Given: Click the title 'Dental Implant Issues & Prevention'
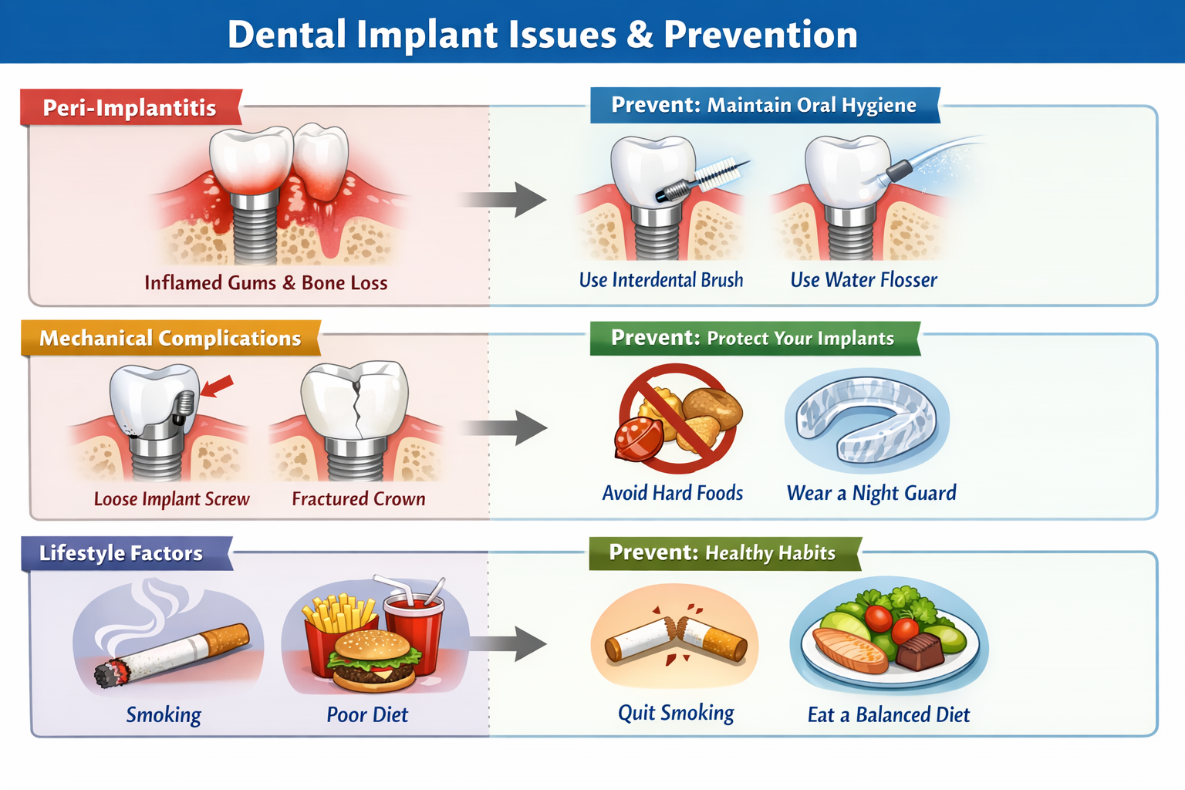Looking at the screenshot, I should click(542, 35).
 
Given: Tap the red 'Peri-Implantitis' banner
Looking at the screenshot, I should click(130, 107).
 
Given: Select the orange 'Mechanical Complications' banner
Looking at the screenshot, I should click(170, 338).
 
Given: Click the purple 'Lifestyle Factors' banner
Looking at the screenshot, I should click(121, 552).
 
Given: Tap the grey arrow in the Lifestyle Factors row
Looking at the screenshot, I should click(509, 643).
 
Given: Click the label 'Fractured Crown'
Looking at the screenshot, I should click(359, 499).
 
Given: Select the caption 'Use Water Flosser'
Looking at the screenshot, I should click(863, 279).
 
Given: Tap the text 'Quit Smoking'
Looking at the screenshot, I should click(676, 713).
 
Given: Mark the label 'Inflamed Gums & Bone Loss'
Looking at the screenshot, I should click(265, 282).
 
